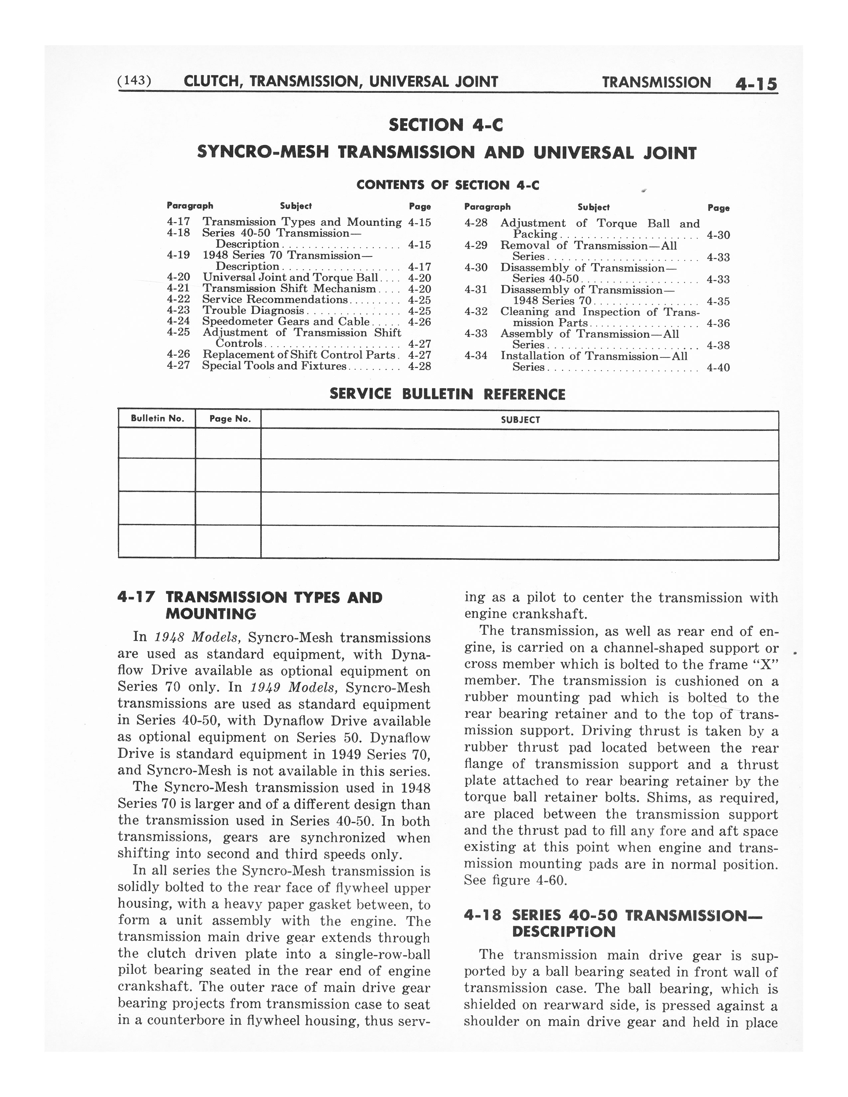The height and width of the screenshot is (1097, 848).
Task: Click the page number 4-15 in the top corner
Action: point(756,83)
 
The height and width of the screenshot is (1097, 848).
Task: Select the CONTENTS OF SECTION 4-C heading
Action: point(448,185)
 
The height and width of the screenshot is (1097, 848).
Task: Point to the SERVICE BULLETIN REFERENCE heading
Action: point(447,394)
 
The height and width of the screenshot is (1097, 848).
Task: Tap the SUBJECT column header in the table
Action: point(520,420)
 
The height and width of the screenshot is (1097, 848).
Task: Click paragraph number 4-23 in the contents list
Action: point(178,310)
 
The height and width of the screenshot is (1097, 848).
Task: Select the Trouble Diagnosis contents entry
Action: point(253,310)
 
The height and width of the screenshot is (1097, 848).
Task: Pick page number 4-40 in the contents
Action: point(718,368)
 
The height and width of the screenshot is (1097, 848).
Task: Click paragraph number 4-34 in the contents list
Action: point(476,356)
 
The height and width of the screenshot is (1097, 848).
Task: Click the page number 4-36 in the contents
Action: point(718,323)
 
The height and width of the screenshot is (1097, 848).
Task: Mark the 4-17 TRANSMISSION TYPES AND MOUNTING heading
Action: point(250,605)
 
